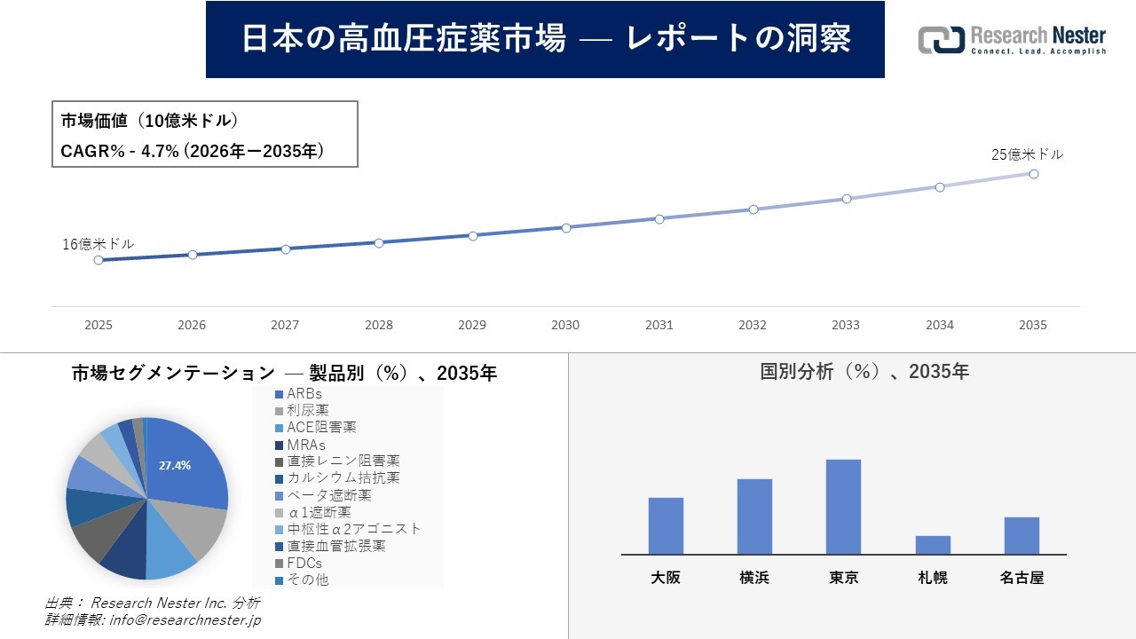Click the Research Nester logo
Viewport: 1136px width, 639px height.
click(x=1012, y=40)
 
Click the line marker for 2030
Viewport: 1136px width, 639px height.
click(x=566, y=227)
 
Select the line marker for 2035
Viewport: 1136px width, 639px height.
click(x=1034, y=174)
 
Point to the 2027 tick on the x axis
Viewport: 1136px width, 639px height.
click(x=285, y=325)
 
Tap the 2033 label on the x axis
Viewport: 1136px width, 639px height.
click(x=846, y=325)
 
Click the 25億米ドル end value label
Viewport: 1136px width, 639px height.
click(x=1027, y=154)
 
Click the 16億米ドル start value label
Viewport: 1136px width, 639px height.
click(x=99, y=244)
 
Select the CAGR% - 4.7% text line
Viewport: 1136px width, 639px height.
click(x=192, y=151)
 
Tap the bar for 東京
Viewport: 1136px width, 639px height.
click(x=843, y=507)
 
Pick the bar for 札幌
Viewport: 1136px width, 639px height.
click(x=933, y=545)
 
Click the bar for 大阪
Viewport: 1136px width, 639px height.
click(x=666, y=525)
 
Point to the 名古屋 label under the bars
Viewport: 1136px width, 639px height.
click(x=1022, y=578)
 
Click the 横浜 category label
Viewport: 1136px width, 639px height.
click(x=754, y=578)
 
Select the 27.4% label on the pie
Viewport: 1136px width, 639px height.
click(x=175, y=465)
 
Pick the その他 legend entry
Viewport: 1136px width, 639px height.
click(x=307, y=580)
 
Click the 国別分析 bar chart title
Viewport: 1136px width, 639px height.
click(x=864, y=372)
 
